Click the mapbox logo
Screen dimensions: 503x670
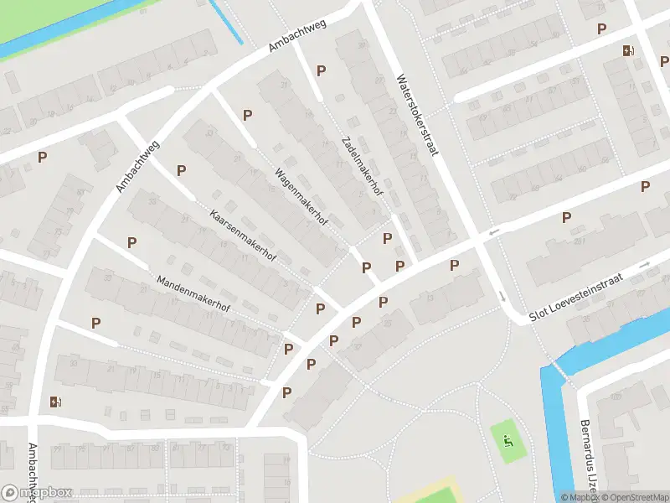click(38, 493)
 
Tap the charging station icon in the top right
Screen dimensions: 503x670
click(628, 50)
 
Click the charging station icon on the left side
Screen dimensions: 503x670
click(56, 401)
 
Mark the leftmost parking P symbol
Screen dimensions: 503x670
click(42, 156)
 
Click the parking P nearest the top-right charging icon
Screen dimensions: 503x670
click(601, 29)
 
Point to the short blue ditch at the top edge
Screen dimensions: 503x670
click(226, 21)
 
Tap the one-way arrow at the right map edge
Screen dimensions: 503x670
click(645, 265)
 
